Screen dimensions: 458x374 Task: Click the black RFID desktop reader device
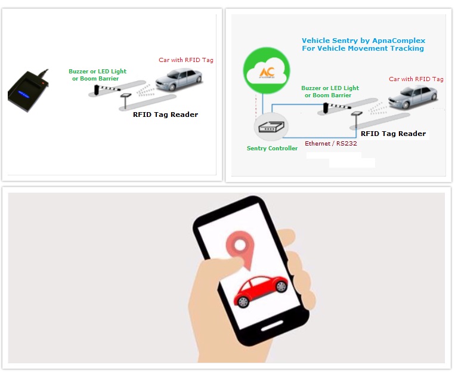28,91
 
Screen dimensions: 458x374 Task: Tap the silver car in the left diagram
178,79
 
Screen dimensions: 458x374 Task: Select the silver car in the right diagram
413,97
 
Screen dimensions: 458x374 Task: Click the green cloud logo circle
267,70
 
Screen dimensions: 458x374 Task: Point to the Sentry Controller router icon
271,127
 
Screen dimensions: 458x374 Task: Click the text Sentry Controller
272,148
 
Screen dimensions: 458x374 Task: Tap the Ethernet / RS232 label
330,144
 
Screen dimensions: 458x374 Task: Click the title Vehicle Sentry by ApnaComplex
363,41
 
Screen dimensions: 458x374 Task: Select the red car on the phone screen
261,291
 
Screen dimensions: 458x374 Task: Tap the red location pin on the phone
240,248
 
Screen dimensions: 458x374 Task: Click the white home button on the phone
272,326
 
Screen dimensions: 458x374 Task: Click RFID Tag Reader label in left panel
165,115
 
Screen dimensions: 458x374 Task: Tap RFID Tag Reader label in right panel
393,134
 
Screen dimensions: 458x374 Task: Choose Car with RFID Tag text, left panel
186,60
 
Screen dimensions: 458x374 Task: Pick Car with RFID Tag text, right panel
416,79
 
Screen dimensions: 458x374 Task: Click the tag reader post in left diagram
126,101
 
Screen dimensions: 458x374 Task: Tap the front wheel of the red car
243,302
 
